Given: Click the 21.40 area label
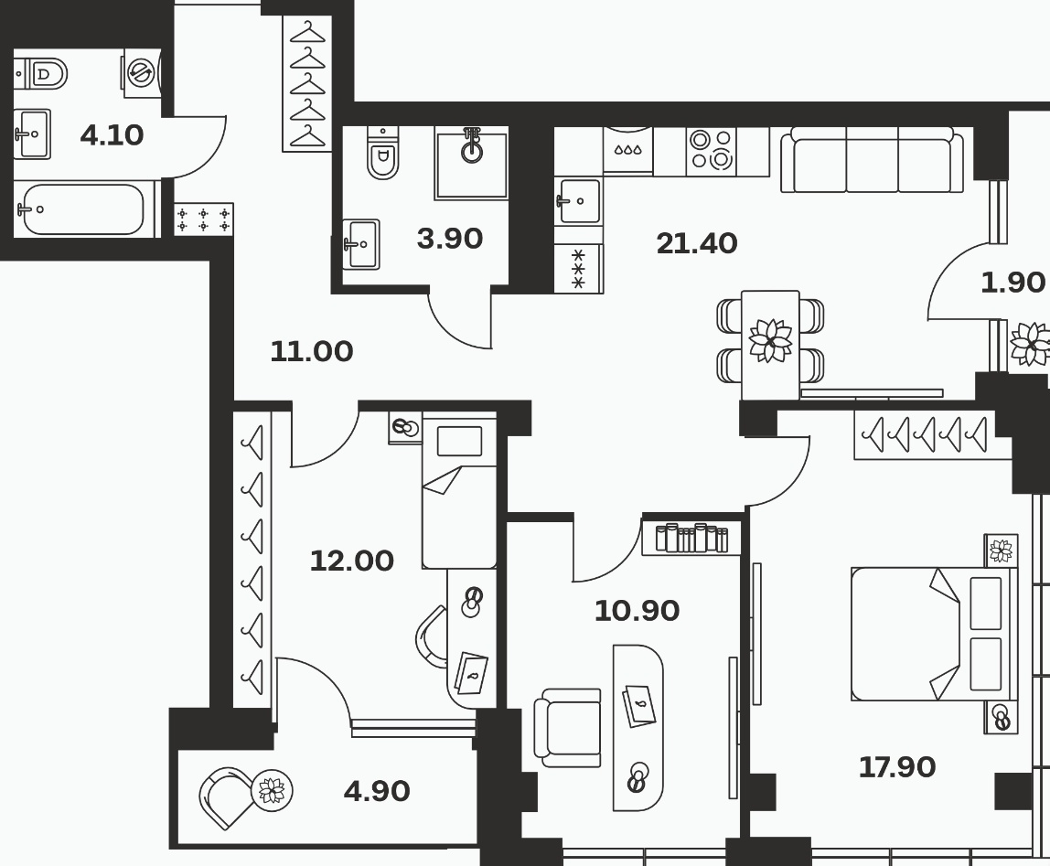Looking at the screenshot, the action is (x=696, y=243).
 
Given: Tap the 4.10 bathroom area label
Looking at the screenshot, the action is (x=112, y=135).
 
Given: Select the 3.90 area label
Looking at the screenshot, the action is (x=449, y=239).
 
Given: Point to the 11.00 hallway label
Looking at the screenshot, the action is (x=311, y=352).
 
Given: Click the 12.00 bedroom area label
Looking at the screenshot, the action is (x=351, y=561).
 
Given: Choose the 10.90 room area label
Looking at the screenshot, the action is (x=637, y=611).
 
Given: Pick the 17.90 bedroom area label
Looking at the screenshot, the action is (x=896, y=767).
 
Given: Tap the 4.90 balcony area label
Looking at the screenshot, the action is (x=376, y=792).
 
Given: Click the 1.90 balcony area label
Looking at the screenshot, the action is (x=1012, y=283).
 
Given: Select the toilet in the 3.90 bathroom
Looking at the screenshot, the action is (x=383, y=155).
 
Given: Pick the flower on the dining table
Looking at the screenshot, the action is (x=770, y=340).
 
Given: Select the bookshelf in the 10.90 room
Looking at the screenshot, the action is (x=691, y=538).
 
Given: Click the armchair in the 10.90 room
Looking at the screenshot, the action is (x=568, y=727).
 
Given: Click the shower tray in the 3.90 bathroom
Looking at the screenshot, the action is (x=471, y=163).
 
